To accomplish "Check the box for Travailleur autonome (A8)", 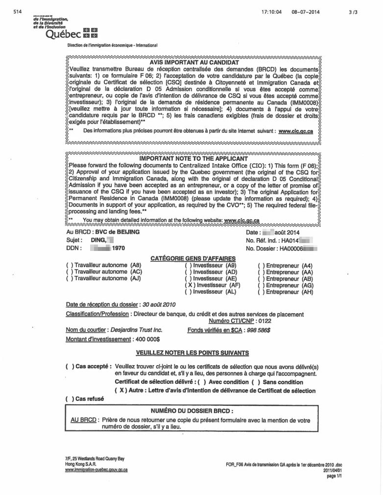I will (69, 266).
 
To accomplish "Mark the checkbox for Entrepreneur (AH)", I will (261, 292).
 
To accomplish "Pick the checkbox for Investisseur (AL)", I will (189, 292).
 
